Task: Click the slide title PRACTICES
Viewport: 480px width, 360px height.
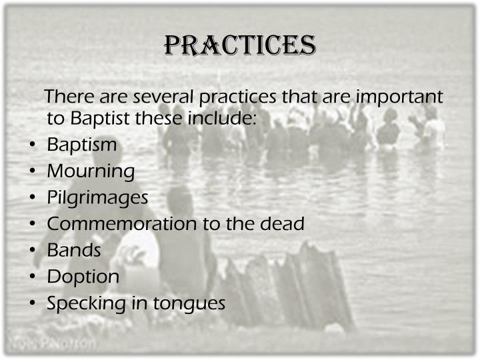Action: (240, 45)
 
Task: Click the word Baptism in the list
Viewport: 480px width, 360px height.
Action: (82, 145)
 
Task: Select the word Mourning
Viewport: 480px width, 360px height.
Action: (91, 171)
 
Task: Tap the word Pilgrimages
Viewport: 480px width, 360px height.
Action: (97, 198)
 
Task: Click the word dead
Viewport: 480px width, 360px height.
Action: (281, 224)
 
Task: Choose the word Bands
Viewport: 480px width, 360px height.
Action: (74, 251)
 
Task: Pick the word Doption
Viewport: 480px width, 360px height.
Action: (83, 277)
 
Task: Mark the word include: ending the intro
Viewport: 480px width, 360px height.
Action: (224, 119)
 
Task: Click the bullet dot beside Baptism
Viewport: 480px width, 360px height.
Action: (33, 145)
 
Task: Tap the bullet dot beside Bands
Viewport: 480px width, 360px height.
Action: (33, 251)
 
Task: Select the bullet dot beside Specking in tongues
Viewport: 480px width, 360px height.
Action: (33, 304)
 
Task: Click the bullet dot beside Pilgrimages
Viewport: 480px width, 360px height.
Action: (33, 198)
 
